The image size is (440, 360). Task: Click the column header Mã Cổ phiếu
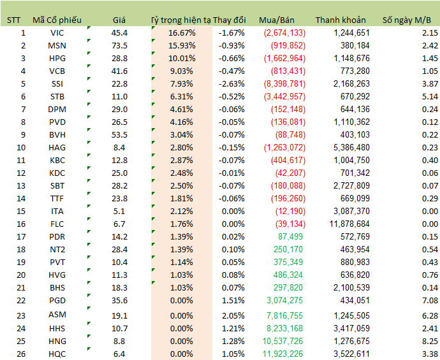(x=56, y=20)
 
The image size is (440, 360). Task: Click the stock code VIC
(x=56, y=32)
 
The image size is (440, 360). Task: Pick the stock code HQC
(x=56, y=354)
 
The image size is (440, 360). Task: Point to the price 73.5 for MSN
(x=119, y=45)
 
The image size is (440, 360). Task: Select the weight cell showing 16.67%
(x=182, y=32)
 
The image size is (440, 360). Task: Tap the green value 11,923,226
(x=281, y=354)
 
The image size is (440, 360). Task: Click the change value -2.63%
(x=231, y=83)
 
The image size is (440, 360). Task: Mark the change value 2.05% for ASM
(x=232, y=315)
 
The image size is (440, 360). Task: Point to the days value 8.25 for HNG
(x=429, y=341)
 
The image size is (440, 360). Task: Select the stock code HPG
(x=56, y=58)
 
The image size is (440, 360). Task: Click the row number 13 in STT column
(x=23, y=185)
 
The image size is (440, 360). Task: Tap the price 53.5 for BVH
(x=119, y=134)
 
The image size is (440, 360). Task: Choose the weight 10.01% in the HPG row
(x=182, y=58)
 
